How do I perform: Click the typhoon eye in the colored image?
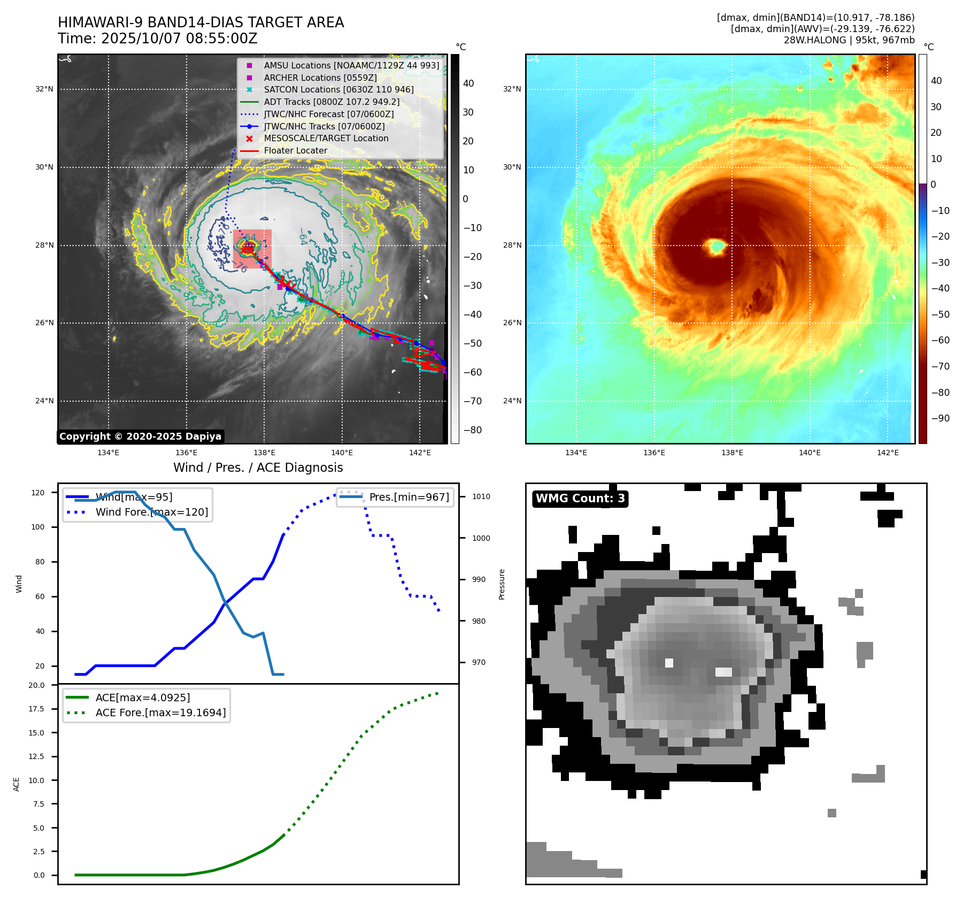716,246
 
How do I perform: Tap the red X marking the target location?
245,249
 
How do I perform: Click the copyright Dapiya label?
140,436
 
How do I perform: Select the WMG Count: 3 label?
580,499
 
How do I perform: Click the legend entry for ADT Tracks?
332,102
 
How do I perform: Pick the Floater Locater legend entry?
295,150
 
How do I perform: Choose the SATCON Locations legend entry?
338,89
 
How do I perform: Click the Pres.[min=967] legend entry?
409,497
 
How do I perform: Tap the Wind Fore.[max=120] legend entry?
152,512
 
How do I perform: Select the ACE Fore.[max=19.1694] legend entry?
160,713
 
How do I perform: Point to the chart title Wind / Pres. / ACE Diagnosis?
258,468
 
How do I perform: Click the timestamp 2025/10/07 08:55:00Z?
179,39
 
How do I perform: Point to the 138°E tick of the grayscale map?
264,453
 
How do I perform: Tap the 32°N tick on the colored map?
512,89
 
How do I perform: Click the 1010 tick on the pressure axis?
481,496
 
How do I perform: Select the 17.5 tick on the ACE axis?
36,709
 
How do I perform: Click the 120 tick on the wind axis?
38,493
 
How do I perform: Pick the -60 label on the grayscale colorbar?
472,372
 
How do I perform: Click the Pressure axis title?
502,584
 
